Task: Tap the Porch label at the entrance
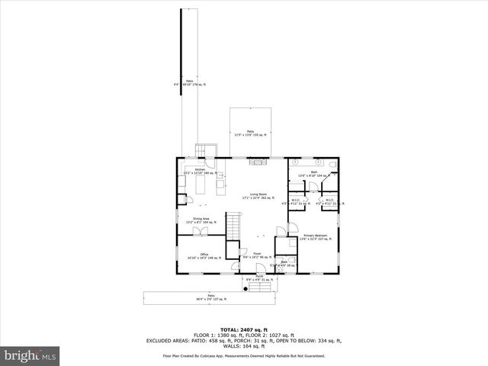click(x=259, y=277)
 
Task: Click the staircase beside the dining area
click(x=233, y=226)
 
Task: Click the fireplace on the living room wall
click(x=257, y=160)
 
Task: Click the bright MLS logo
click(x=30, y=355)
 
